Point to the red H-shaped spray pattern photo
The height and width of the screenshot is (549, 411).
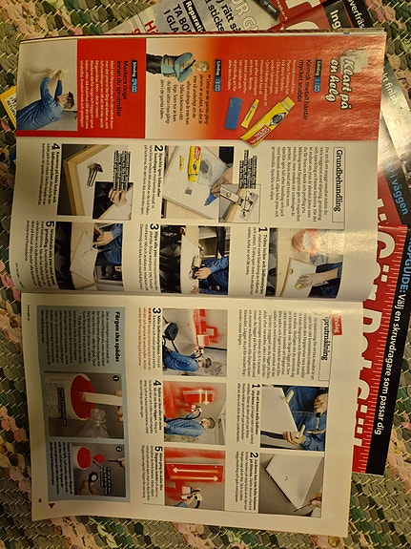(x=191, y=329)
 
